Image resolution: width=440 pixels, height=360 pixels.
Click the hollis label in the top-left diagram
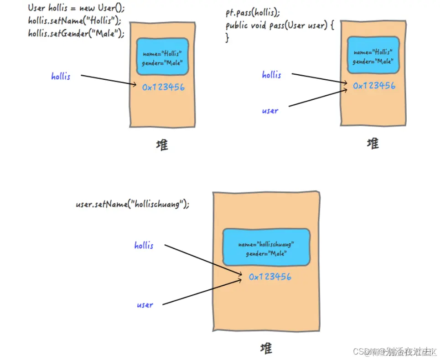click(61, 76)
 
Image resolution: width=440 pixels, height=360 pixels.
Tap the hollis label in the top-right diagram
click(271, 75)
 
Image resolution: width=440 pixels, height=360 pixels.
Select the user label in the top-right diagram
click(270, 111)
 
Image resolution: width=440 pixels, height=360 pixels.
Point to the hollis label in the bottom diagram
click(144, 246)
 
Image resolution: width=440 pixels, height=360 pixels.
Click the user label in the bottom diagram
click(145, 305)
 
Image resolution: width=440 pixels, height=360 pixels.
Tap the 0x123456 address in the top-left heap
click(163, 87)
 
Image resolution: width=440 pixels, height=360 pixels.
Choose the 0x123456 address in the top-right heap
click(374, 86)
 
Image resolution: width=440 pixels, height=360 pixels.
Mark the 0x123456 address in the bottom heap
click(270, 277)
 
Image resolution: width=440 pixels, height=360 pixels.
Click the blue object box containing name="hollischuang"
click(266, 247)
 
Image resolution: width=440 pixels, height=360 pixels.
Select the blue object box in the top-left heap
click(163, 57)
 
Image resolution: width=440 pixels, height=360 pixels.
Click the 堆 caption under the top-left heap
click(162, 145)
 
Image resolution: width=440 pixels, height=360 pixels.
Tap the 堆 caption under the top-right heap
click(373, 144)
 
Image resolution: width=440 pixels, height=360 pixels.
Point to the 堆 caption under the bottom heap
click(266, 349)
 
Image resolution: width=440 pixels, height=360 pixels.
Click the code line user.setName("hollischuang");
click(132, 204)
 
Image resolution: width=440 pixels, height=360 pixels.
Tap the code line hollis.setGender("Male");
click(76, 33)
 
